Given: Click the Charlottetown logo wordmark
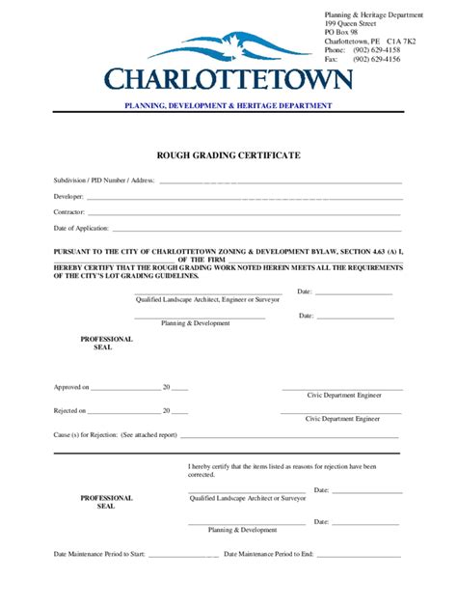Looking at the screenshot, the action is [228, 78].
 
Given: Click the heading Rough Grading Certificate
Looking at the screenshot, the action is [228, 154].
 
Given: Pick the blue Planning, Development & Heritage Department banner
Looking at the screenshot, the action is [228, 105].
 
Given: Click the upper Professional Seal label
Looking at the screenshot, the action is [106, 344].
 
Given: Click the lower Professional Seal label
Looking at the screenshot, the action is [106, 502].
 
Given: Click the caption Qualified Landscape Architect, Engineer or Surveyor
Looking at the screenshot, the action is [207, 300].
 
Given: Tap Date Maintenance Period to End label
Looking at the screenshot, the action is [269, 554].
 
